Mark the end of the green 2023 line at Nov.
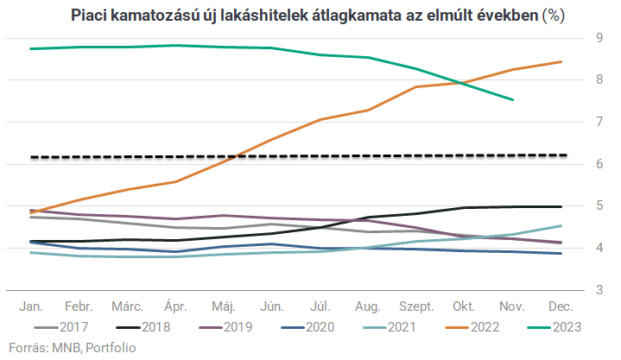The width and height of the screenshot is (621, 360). (x=513, y=99)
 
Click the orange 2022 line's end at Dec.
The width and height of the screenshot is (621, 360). (x=562, y=61)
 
